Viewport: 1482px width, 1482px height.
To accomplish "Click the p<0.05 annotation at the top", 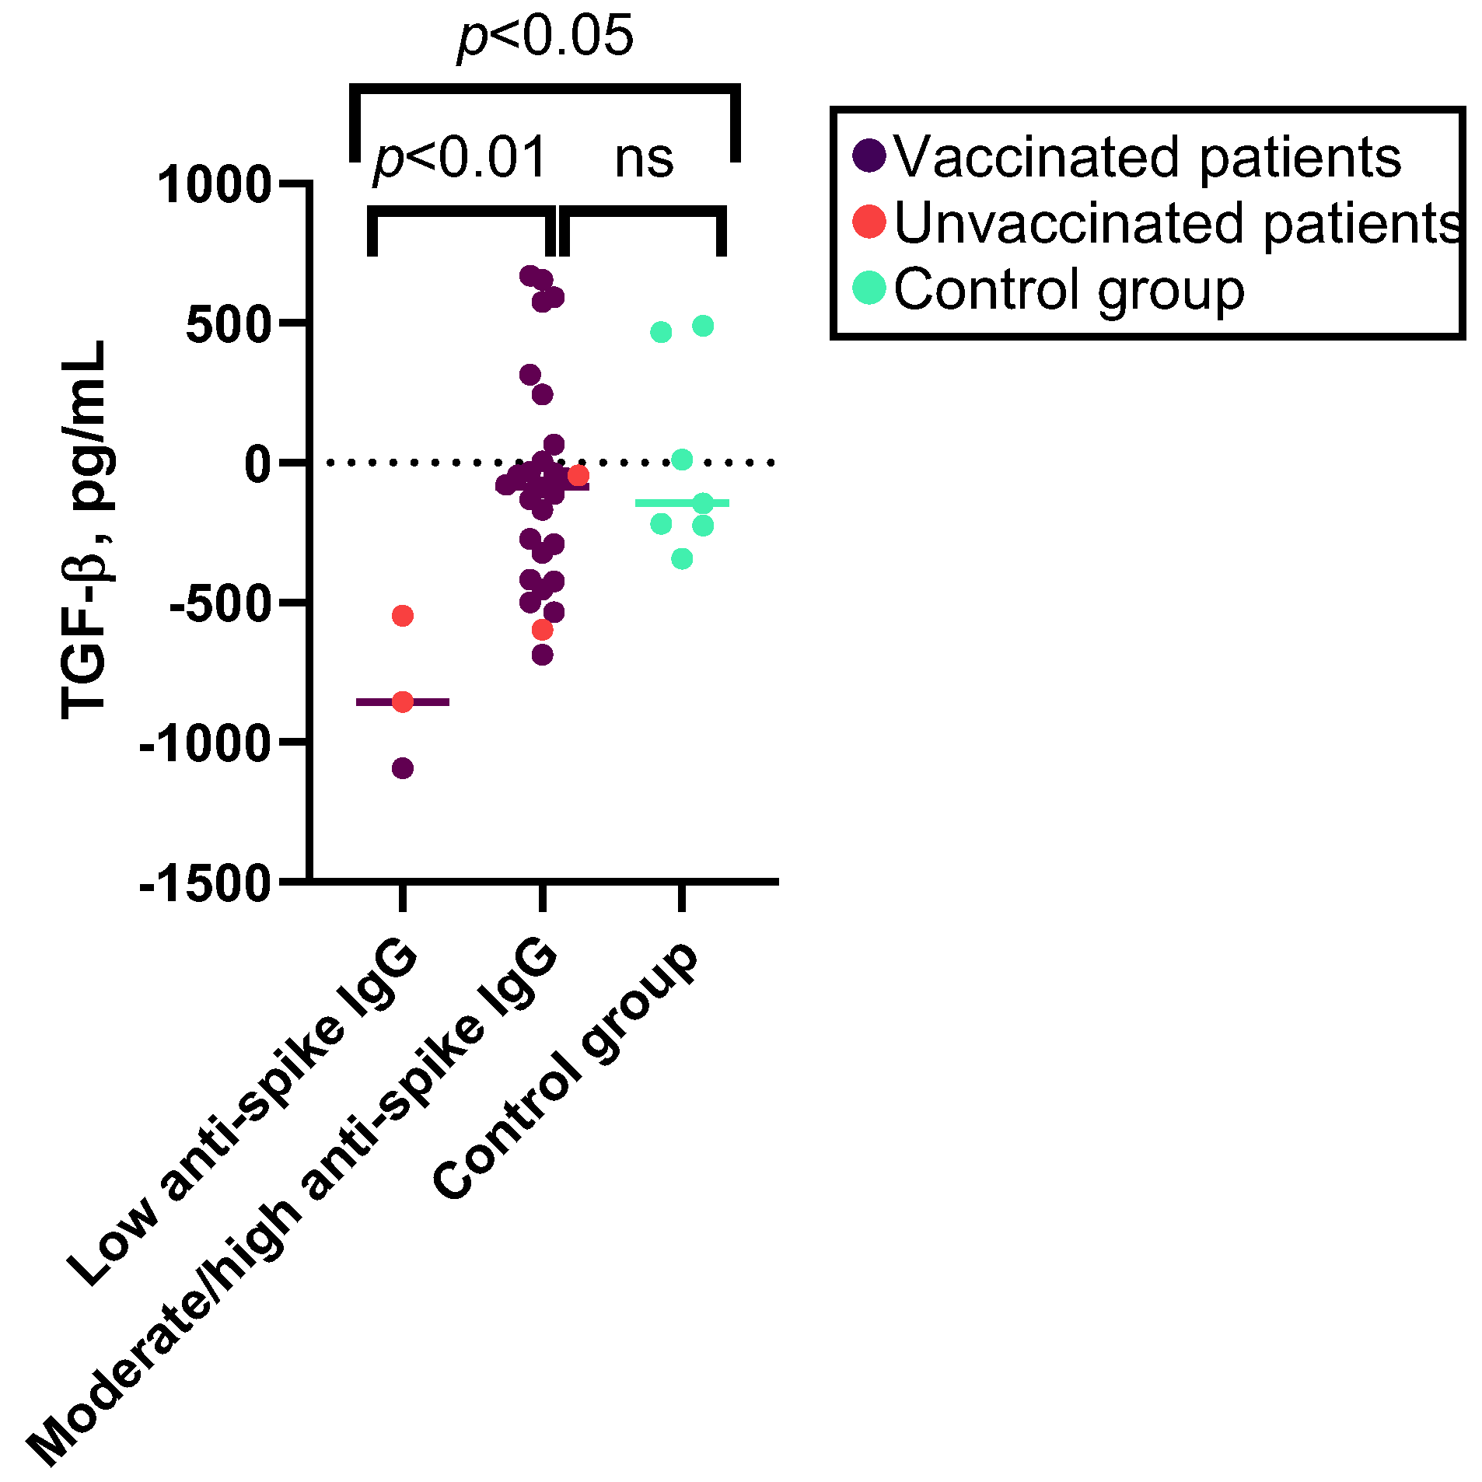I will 544,37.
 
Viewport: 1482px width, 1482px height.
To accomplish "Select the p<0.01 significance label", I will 460,159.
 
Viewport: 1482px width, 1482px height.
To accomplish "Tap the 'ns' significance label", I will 643,159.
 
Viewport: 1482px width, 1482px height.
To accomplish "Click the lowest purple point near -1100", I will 403,769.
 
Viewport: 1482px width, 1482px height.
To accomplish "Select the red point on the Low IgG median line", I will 403,702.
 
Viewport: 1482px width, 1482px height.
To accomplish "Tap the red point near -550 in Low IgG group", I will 403,616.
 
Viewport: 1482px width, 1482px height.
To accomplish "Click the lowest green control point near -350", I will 682,558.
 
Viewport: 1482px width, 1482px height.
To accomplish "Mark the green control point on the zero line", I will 682,460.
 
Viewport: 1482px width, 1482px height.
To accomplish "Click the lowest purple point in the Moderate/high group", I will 543,655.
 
